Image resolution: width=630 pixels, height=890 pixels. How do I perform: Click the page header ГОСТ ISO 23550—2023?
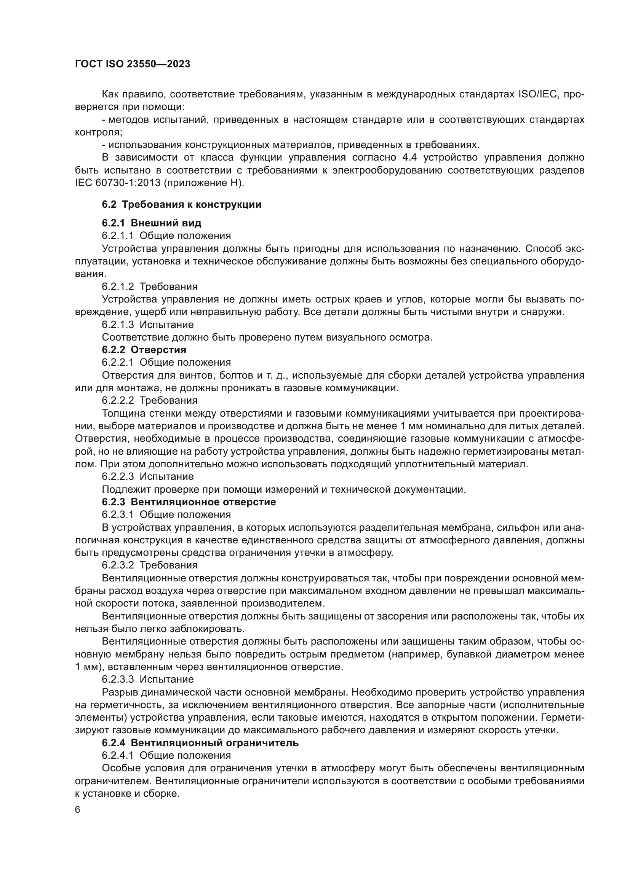click(132, 64)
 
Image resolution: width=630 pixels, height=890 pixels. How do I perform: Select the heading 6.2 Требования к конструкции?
click(181, 205)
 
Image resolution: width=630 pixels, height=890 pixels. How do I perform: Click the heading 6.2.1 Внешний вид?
click(151, 223)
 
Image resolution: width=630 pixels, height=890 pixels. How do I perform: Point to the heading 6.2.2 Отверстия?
click(144, 350)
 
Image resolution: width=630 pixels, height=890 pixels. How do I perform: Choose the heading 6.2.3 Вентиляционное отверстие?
click(189, 502)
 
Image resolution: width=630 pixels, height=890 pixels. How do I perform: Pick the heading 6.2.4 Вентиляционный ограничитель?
click(200, 743)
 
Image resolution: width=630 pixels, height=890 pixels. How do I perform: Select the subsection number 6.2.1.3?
click(118, 325)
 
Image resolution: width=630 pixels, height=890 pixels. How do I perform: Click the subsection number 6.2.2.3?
click(118, 476)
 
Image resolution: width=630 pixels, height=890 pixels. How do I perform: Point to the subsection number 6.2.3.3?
click(118, 679)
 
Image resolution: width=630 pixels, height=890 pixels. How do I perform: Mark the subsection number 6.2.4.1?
click(118, 756)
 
